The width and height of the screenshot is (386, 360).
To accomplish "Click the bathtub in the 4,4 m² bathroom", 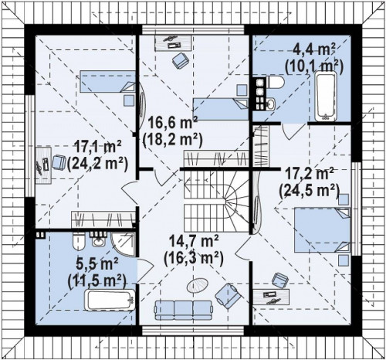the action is [x=326, y=96].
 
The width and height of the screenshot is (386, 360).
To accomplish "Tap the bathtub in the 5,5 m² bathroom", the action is [x=110, y=300].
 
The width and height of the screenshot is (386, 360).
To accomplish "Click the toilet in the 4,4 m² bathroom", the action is [x=275, y=83].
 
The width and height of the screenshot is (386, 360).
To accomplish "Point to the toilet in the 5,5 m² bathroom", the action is [x=79, y=241].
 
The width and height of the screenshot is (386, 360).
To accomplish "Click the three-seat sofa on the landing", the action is [x=183, y=310].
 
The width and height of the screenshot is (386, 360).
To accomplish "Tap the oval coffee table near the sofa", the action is [x=197, y=285].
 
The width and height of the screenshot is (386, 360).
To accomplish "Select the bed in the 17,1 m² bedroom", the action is [x=107, y=82].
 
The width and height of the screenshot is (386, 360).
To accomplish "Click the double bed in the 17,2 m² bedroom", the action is [x=322, y=229].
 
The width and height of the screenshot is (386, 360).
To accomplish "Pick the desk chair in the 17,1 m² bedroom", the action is [x=59, y=162].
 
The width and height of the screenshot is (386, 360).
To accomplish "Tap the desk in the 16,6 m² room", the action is [x=173, y=42].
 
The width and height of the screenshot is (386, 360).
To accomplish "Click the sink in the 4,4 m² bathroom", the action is [x=270, y=104].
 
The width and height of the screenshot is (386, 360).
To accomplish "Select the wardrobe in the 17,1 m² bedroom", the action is [x=103, y=219].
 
